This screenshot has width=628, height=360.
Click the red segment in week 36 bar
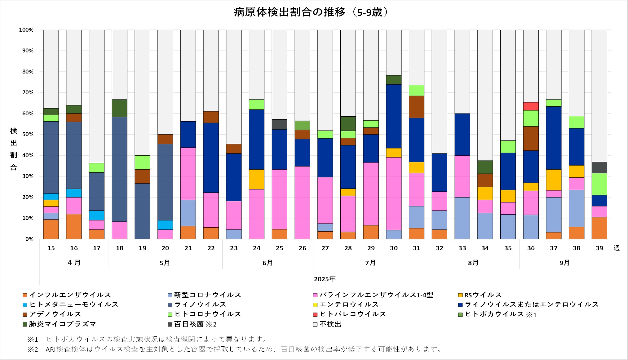[x=531, y=106]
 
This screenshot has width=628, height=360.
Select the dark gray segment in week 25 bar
[x=279, y=124]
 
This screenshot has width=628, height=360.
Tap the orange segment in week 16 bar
[x=74, y=226]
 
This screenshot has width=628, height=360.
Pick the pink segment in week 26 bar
[x=302, y=202]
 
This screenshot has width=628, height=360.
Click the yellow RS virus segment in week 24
[x=257, y=179]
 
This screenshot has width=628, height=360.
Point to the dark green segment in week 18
[x=119, y=108]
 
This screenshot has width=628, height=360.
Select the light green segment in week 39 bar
[x=599, y=184]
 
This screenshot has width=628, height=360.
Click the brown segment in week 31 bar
[x=416, y=107]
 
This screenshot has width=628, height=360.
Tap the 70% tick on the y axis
[x=28, y=92]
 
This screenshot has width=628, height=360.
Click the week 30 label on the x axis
[x=394, y=248]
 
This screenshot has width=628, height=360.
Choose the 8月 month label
[x=473, y=263]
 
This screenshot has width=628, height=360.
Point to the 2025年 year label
[x=325, y=279]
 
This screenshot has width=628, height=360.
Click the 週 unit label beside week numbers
[x=617, y=248]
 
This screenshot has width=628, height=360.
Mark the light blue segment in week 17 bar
[x=97, y=215]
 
